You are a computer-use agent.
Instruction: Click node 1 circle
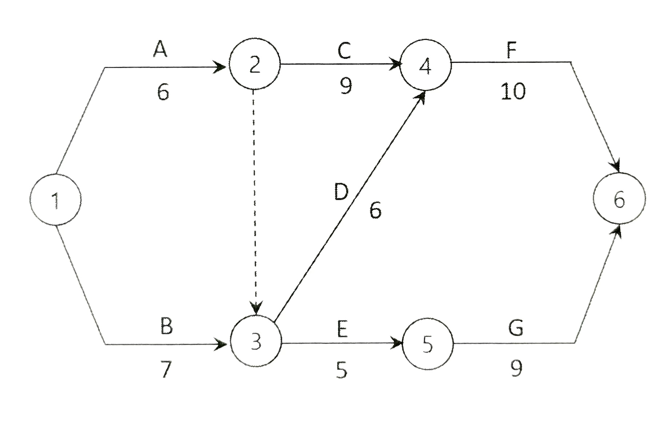(x=55, y=199)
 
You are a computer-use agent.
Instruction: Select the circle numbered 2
(x=255, y=64)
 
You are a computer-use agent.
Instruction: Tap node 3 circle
(x=256, y=341)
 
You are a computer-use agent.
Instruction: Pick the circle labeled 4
(x=425, y=64)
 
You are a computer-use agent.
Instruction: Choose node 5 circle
(x=428, y=344)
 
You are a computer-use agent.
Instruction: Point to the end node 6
(x=619, y=199)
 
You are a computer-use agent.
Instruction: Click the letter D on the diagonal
(x=341, y=192)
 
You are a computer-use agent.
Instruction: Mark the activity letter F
(x=512, y=51)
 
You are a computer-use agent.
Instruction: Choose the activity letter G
(x=516, y=328)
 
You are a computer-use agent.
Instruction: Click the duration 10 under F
(x=513, y=91)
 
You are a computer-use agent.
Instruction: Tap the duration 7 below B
(x=166, y=370)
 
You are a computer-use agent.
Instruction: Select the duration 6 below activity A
(x=163, y=92)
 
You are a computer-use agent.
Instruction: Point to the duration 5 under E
(x=342, y=371)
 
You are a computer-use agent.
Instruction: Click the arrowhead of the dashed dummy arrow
(x=257, y=307)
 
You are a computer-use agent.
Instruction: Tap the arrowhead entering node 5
(x=397, y=343)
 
